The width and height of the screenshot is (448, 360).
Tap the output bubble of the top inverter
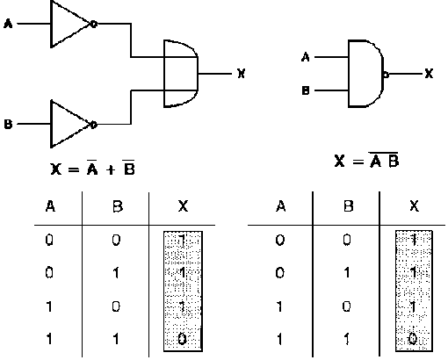pyautogui.click(x=94, y=24)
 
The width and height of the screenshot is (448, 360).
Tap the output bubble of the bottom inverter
pyautogui.click(x=94, y=125)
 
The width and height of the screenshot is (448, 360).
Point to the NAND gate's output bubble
pyautogui.click(x=386, y=75)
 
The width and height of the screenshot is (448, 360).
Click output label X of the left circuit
pyautogui.click(x=241, y=74)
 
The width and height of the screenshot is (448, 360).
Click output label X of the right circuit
pyautogui.click(x=429, y=74)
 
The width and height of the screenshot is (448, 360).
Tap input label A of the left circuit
pyautogui.click(x=8, y=24)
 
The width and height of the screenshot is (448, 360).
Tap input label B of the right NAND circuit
pyautogui.click(x=306, y=90)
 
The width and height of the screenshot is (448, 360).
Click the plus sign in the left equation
pyautogui.click(x=111, y=170)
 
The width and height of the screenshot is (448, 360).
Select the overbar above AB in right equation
pyautogui.click(x=383, y=153)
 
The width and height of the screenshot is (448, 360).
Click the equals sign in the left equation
pyautogui.click(x=73, y=169)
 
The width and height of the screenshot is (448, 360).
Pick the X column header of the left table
pyautogui.click(x=183, y=206)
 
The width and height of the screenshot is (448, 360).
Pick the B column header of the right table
pyautogui.click(x=348, y=206)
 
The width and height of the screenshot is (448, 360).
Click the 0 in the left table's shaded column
pyautogui.click(x=182, y=340)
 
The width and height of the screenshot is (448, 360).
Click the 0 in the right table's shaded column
pyautogui.click(x=413, y=340)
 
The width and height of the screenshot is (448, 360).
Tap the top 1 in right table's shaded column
pyautogui.click(x=414, y=241)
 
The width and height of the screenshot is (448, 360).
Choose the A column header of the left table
pyautogui.click(x=50, y=206)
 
